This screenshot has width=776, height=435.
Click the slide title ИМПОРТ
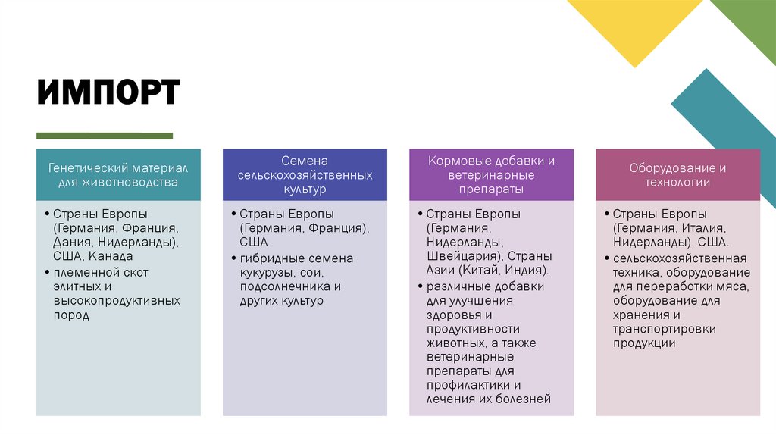coord(108,93)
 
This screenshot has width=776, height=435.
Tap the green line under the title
coord(105,136)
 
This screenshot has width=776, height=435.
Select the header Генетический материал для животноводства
coord(118,174)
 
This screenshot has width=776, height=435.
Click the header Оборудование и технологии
coord(677,174)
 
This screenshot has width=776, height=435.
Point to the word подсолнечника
coord(282,286)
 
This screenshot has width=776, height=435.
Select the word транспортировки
coord(664,329)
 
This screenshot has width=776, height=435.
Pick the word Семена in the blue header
coord(304,161)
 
